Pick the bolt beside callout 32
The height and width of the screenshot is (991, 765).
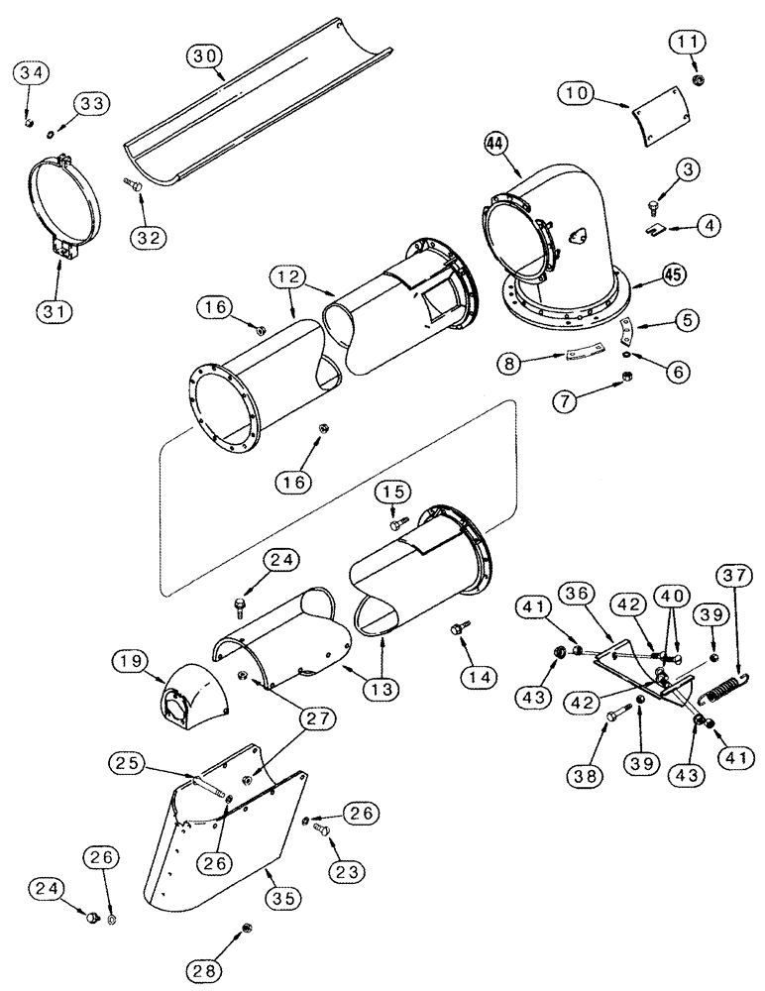pos(133,184)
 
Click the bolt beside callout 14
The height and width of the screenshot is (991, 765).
pos(459,627)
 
